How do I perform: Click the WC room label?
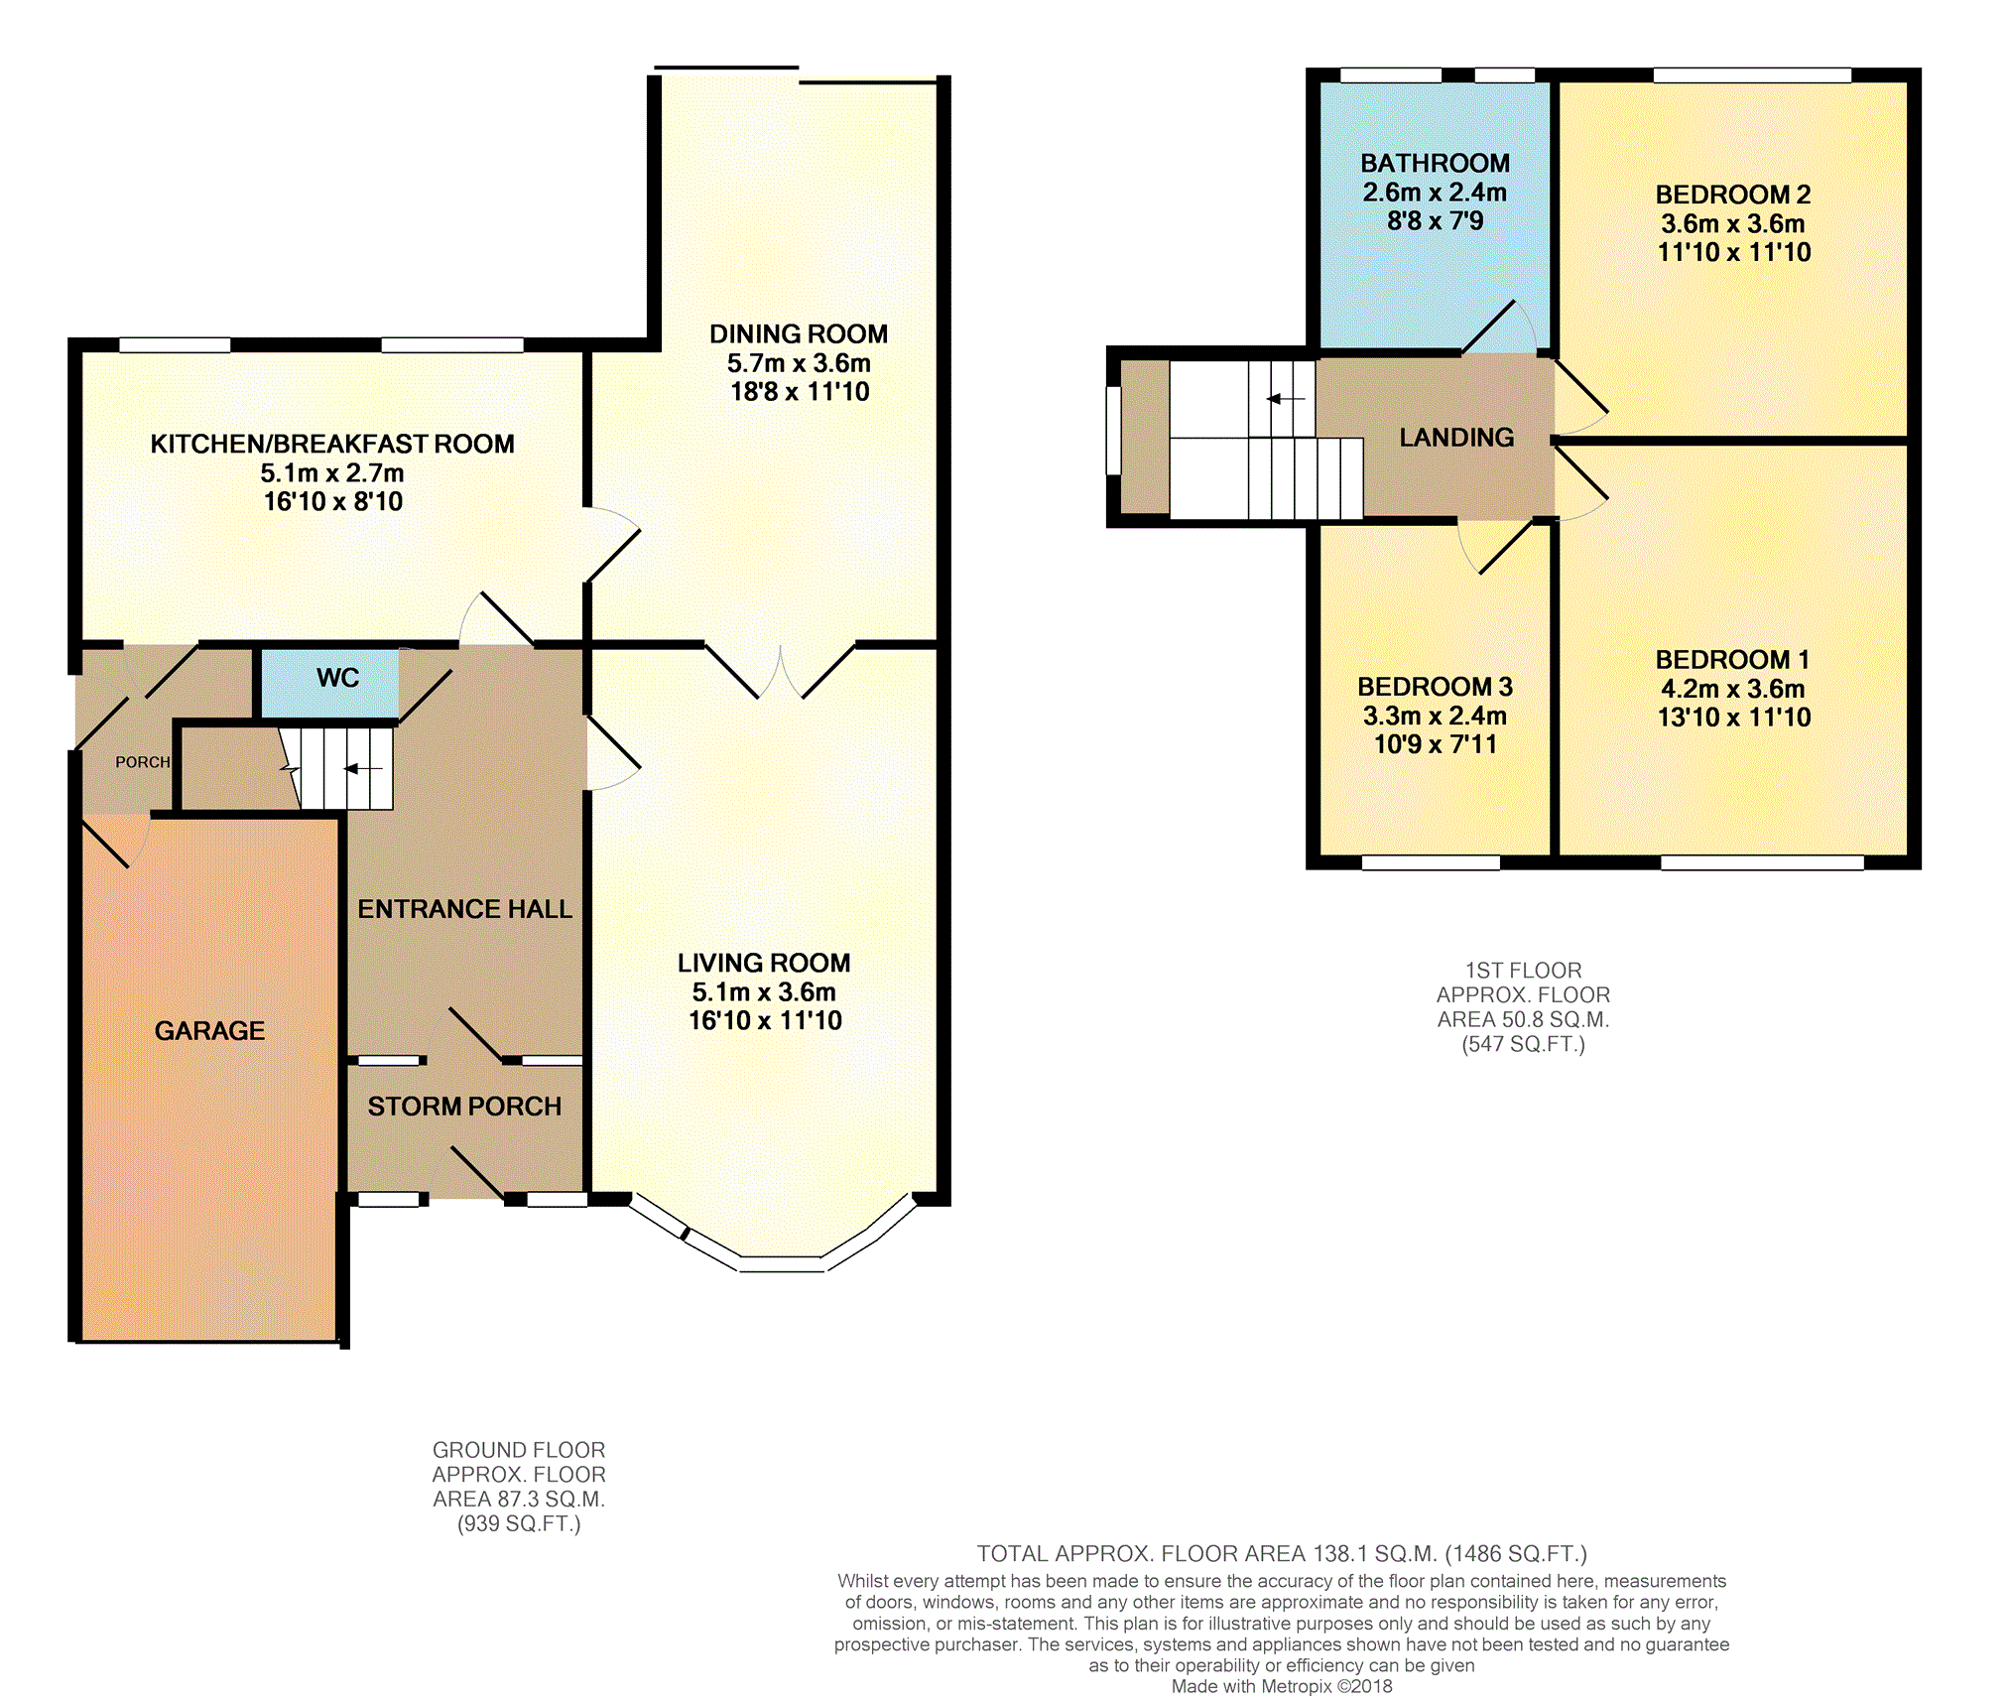point(337,678)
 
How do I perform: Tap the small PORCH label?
point(143,762)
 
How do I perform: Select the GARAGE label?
point(209,1031)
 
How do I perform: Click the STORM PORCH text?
point(464,1107)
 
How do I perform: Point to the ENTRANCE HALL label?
point(464,909)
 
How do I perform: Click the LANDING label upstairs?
point(1456,438)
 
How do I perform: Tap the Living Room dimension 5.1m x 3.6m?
point(764,992)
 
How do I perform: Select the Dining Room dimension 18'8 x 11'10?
point(800,392)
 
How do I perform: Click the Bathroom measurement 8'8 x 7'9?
point(1435,220)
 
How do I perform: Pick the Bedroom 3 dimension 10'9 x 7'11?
point(1435,744)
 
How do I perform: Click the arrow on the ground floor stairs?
point(362,768)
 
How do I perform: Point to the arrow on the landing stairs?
point(1286,399)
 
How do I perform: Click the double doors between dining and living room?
point(780,671)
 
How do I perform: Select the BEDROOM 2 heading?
point(1733,195)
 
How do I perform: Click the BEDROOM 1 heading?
point(1732,660)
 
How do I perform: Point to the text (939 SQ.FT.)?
point(519,1524)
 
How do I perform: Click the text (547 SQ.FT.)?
point(1523,1045)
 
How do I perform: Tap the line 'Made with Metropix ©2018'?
point(1282,1686)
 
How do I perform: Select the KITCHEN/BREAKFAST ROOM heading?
point(332,445)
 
